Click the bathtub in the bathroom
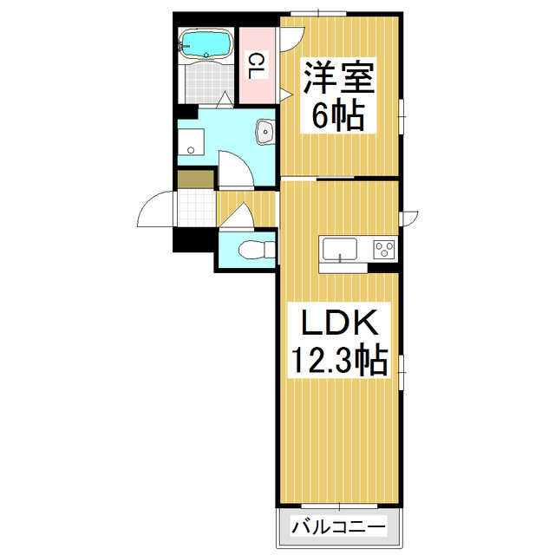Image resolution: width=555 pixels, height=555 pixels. click(206, 43)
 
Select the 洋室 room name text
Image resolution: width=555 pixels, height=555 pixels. click(338, 77)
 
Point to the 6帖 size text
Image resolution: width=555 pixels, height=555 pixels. click(338, 115)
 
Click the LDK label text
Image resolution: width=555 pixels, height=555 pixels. click(339, 323)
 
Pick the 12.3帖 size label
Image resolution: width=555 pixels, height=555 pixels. click(339, 361)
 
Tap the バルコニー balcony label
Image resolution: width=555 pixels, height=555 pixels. click(338, 527)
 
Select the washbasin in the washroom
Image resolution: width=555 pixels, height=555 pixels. click(265, 132)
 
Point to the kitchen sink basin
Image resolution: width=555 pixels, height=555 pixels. click(339, 249)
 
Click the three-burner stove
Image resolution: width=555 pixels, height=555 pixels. click(383, 249)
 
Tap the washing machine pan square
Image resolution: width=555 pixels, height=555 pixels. click(191, 142)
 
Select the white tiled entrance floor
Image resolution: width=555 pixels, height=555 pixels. click(197, 208)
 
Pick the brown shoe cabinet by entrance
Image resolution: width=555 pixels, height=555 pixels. click(196, 180)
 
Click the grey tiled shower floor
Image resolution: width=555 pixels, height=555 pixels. click(206, 83)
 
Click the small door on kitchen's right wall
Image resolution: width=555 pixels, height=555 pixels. click(408, 219)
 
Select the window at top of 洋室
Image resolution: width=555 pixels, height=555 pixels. click(318, 14)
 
